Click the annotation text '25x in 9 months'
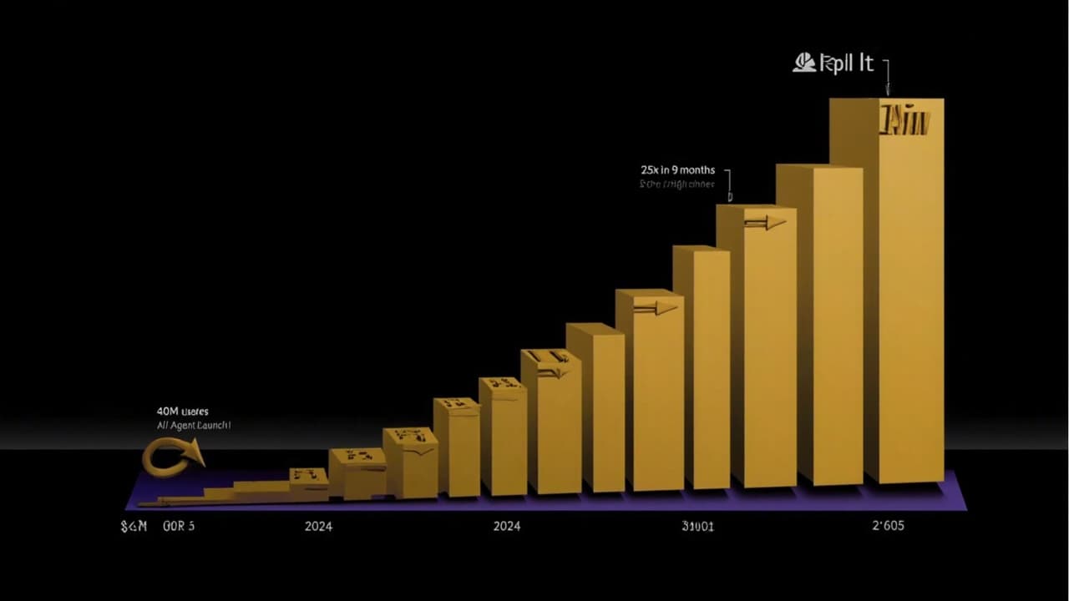click(x=677, y=170)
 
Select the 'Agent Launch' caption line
click(x=193, y=425)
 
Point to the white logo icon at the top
click(x=804, y=63)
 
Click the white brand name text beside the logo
click(x=846, y=63)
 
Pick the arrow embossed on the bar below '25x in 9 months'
click(x=765, y=222)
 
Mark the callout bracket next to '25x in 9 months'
click(x=728, y=184)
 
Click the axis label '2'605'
click(x=888, y=526)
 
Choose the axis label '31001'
click(x=698, y=526)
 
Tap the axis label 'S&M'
click(x=134, y=526)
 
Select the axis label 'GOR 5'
click(x=179, y=526)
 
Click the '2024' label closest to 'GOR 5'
click(x=318, y=526)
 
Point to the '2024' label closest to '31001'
click(x=507, y=526)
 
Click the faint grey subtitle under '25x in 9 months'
click(x=677, y=184)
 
